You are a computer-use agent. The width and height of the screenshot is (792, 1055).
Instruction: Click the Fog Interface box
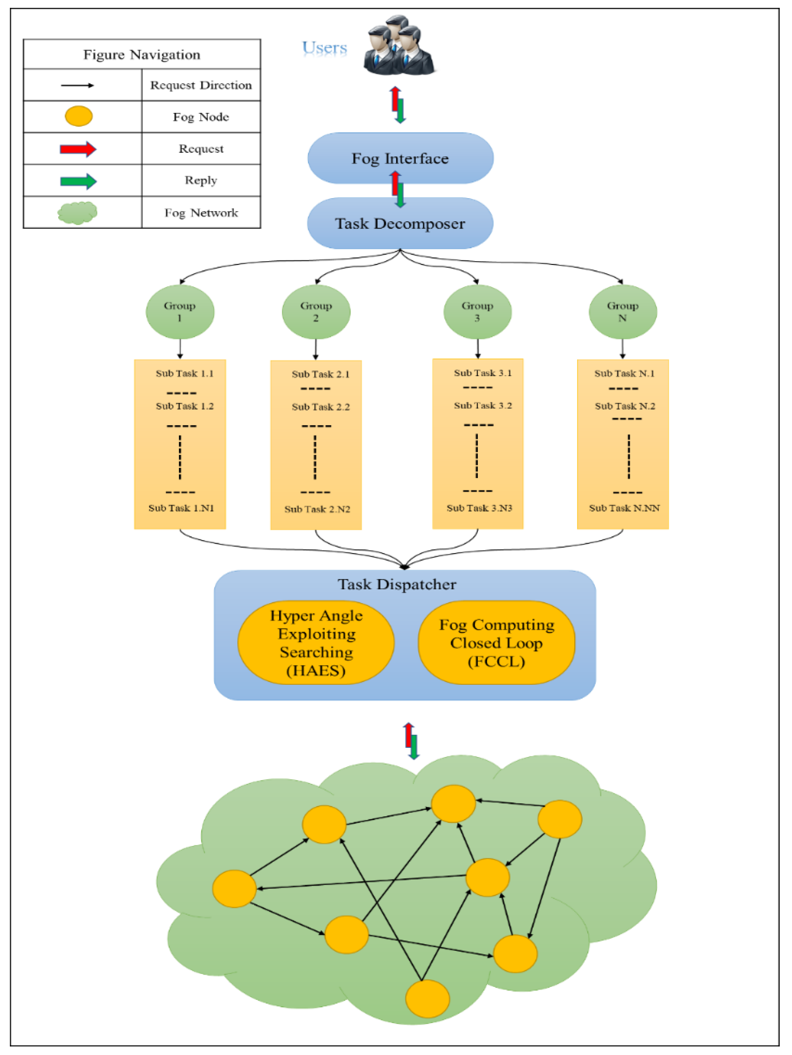click(400, 158)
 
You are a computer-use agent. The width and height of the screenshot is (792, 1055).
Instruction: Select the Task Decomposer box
click(400, 223)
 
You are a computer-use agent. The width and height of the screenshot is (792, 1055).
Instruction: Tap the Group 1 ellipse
click(180, 312)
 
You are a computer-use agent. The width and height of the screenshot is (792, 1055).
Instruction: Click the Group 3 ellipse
click(477, 312)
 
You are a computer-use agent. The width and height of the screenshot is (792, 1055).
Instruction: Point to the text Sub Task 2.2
click(321, 407)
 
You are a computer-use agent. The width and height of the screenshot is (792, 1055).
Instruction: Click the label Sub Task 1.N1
click(181, 508)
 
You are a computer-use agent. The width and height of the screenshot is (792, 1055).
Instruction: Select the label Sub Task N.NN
click(624, 508)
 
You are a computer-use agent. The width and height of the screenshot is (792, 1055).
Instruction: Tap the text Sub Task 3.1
click(482, 373)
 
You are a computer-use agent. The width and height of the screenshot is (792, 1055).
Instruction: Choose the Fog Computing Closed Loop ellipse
click(496, 643)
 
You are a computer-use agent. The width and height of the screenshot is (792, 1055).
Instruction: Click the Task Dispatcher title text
click(397, 584)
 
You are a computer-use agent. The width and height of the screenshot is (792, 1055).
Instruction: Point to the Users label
click(324, 48)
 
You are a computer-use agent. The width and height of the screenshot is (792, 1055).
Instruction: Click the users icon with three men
click(399, 46)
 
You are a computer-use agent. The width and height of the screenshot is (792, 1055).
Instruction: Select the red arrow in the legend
click(78, 149)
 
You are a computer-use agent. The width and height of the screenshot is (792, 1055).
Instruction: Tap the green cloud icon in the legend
click(78, 213)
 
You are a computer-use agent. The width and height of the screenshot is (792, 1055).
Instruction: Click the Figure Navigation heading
click(142, 54)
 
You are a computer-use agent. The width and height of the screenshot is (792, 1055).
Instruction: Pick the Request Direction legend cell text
click(201, 85)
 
